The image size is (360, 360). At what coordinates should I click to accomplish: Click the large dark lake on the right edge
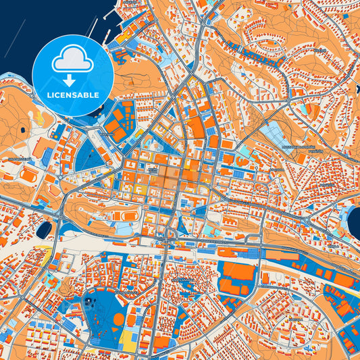(x=355, y=220)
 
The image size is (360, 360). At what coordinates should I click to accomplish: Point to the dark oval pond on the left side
(x=44, y=230)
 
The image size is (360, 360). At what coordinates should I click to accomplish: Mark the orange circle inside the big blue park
(x=119, y=319)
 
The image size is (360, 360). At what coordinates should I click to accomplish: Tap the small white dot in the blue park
(x=90, y=301)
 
